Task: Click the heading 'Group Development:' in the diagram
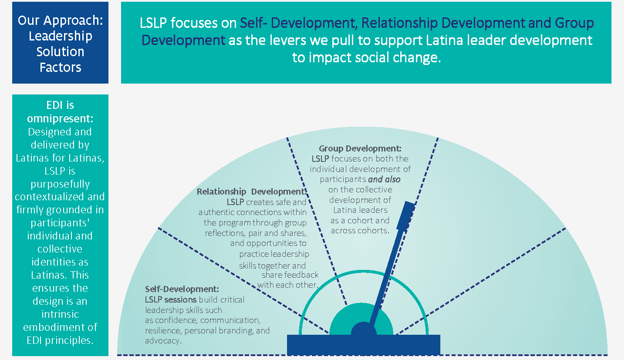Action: [360, 148]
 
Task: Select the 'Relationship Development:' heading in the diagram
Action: [251, 192]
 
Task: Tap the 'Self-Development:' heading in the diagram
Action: [182, 289]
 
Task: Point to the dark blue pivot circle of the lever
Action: [364, 333]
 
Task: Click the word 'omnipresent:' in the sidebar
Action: [60, 118]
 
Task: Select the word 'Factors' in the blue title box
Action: [60, 67]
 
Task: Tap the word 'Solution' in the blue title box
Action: [60, 51]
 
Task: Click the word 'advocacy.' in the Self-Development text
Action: [163, 341]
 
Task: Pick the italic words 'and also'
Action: [384, 179]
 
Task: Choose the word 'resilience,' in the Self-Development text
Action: [163, 330]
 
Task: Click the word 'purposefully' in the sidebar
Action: [60, 184]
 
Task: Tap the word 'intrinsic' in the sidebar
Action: [60, 314]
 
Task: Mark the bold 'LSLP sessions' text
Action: [171, 299]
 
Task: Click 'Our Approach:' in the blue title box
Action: [60, 21]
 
